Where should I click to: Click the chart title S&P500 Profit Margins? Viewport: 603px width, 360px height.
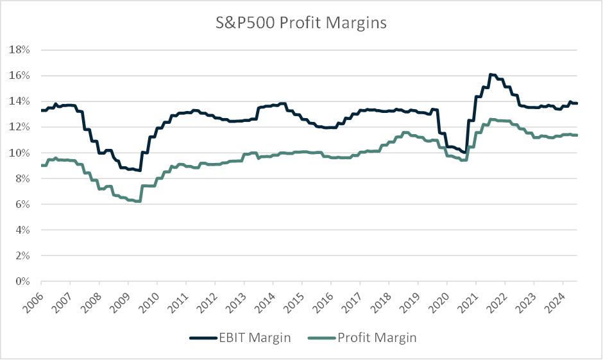(x=301, y=24)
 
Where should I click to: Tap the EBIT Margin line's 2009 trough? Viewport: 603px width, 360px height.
(x=139, y=170)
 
